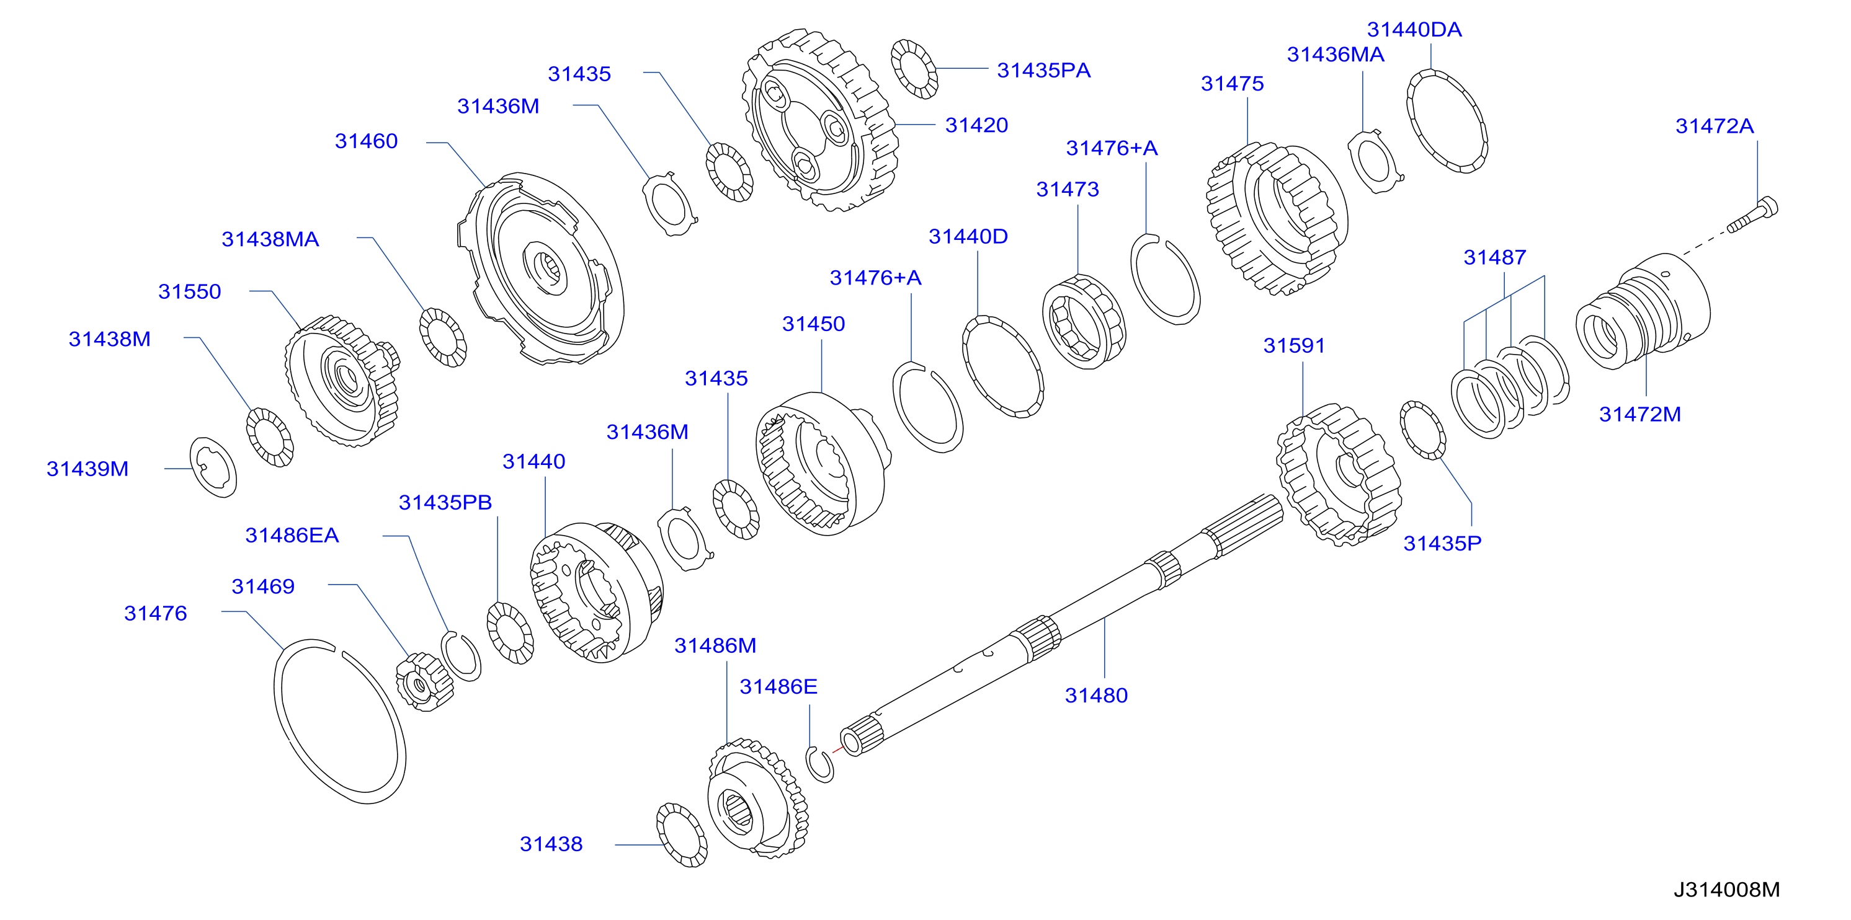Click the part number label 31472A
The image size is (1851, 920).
click(1715, 126)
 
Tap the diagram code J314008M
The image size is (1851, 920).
click(1727, 890)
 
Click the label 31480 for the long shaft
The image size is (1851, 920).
click(1096, 695)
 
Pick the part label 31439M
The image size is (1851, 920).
click(87, 469)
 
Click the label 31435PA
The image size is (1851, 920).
click(1043, 71)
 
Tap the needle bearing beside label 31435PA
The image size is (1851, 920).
click(914, 69)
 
